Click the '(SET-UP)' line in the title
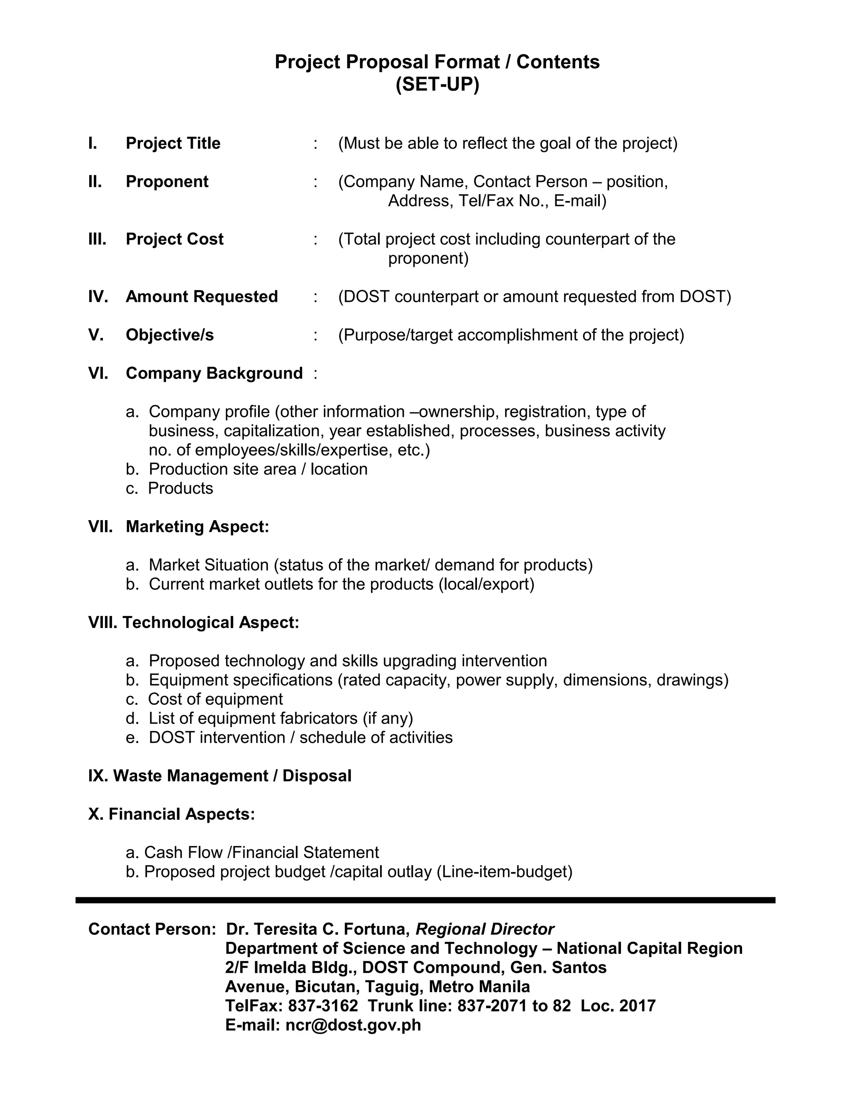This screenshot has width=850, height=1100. (x=437, y=85)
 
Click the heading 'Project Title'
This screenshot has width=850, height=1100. (x=173, y=144)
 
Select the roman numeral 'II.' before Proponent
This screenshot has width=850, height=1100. (x=95, y=182)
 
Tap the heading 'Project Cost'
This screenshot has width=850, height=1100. (x=174, y=239)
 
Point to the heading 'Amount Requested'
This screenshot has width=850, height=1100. (x=201, y=297)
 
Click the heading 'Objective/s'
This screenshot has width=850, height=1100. (x=170, y=335)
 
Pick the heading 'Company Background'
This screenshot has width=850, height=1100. (x=214, y=373)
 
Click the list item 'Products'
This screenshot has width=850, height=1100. (x=180, y=489)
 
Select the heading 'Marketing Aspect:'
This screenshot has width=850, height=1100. (x=198, y=527)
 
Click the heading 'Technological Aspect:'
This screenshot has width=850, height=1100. (x=210, y=623)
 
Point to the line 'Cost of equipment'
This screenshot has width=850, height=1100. (x=215, y=699)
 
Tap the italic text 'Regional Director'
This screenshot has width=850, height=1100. (x=484, y=929)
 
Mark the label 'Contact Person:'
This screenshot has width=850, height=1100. (x=152, y=929)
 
